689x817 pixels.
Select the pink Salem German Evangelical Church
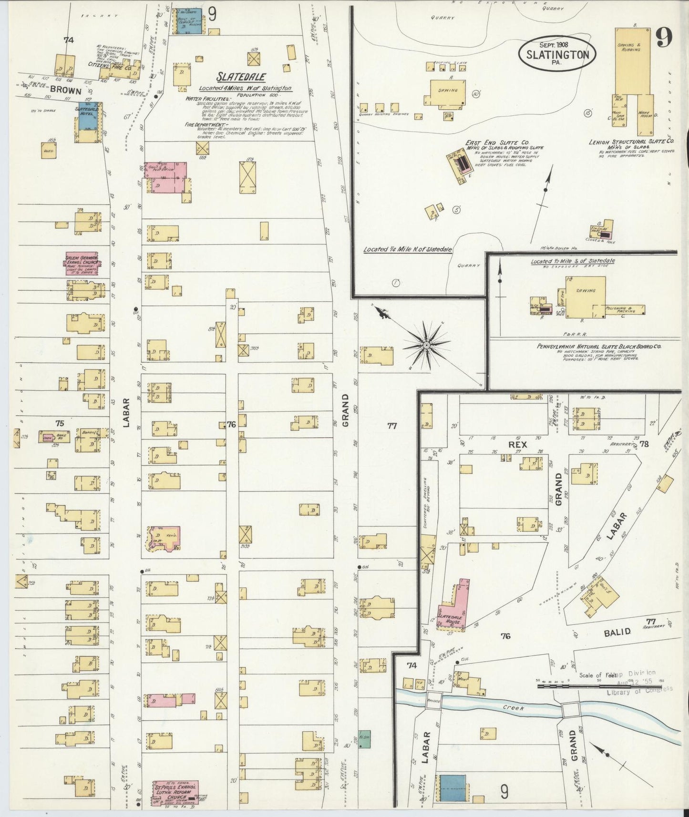coord(82,264)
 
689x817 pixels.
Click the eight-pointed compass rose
coord(426,344)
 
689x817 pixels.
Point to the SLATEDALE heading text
coord(242,77)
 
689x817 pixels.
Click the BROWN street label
coord(65,89)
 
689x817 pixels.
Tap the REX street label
coord(517,444)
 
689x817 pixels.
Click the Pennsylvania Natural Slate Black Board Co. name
coord(601,347)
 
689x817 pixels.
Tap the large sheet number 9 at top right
coord(663,38)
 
